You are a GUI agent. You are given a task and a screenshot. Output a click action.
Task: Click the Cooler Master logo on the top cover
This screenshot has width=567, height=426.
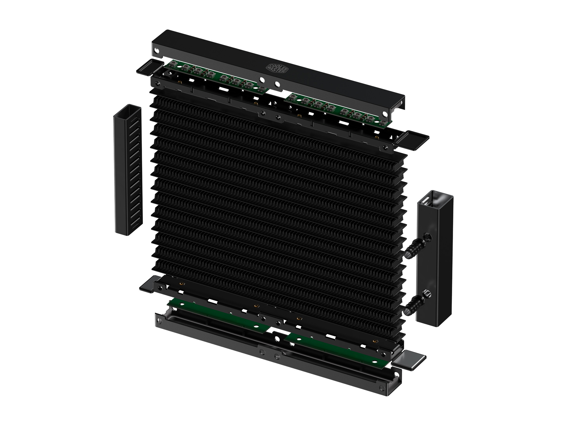276,68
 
